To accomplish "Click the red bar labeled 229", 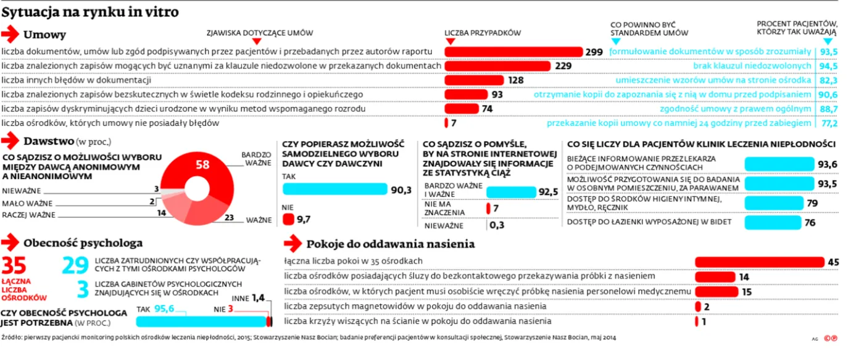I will pyautogui.click(x=498, y=66).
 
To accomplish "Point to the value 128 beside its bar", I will pyautogui.click(x=515, y=80).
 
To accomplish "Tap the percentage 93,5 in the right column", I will pyautogui.click(x=828, y=52).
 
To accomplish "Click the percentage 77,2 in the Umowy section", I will pyautogui.click(x=828, y=123).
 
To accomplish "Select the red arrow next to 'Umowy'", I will pyautogui.click(x=10, y=35).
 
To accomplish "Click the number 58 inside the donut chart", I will pyautogui.click(x=202, y=164).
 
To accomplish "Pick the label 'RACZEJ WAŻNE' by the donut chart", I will pyautogui.click(x=29, y=215).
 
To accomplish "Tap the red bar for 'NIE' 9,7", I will pyautogui.click(x=288, y=219).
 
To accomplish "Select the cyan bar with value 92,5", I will pyautogui.click(x=510, y=192).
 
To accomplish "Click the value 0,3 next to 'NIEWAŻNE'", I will pyautogui.click(x=496, y=225).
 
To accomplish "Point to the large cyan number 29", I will pyautogui.click(x=75, y=266).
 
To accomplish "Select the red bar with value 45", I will pyautogui.click(x=760, y=262).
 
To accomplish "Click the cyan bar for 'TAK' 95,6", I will pyautogui.click(x=200, y=321).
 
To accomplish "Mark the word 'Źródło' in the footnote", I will pyautogui.click(x=12, y=338).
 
